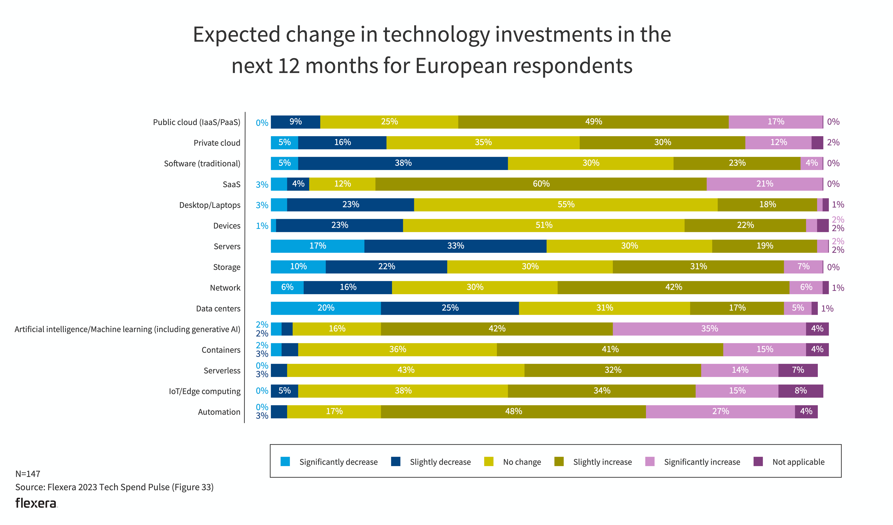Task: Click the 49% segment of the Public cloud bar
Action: tap(593, 122)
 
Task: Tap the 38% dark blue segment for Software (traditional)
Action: tap(403, 163)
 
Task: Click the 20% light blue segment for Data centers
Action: tap(326, 308)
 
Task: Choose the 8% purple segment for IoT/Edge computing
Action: tap(801, 391)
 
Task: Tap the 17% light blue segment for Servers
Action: tap(317, 246)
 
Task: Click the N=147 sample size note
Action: tap(28, 474)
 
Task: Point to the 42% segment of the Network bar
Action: tap(673, 287)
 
